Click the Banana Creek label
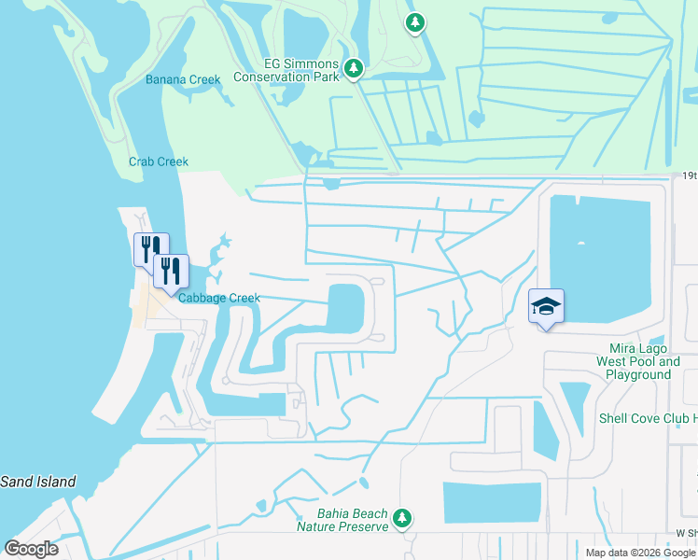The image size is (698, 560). point(183,79)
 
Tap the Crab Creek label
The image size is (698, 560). point(159,161)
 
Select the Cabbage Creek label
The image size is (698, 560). point(218,298)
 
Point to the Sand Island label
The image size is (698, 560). point(37,482)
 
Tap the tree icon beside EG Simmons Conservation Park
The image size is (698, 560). point(354,67)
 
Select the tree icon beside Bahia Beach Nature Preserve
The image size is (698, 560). point(402,517)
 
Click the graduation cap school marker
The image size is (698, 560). point(546,306)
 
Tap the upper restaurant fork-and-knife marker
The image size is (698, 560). point(151,248)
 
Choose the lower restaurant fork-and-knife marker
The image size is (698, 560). point(171,271)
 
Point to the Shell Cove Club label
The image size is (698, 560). point(648,419)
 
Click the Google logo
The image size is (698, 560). point(32,548)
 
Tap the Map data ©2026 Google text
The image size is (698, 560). point(640,553)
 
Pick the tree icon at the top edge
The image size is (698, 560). point(415,22)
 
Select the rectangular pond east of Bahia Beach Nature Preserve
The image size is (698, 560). point(492,503)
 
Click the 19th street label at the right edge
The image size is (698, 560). point(689,175)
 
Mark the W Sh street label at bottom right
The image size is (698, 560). point(686,533)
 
